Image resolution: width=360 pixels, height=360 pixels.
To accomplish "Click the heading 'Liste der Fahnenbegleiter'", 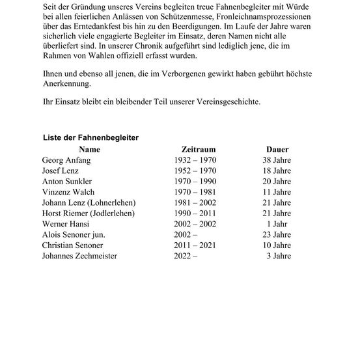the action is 90,138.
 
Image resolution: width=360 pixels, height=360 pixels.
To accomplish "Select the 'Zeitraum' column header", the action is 195,149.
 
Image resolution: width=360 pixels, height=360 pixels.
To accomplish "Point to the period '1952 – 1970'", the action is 196,170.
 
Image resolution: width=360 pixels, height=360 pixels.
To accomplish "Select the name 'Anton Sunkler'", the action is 67,181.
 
